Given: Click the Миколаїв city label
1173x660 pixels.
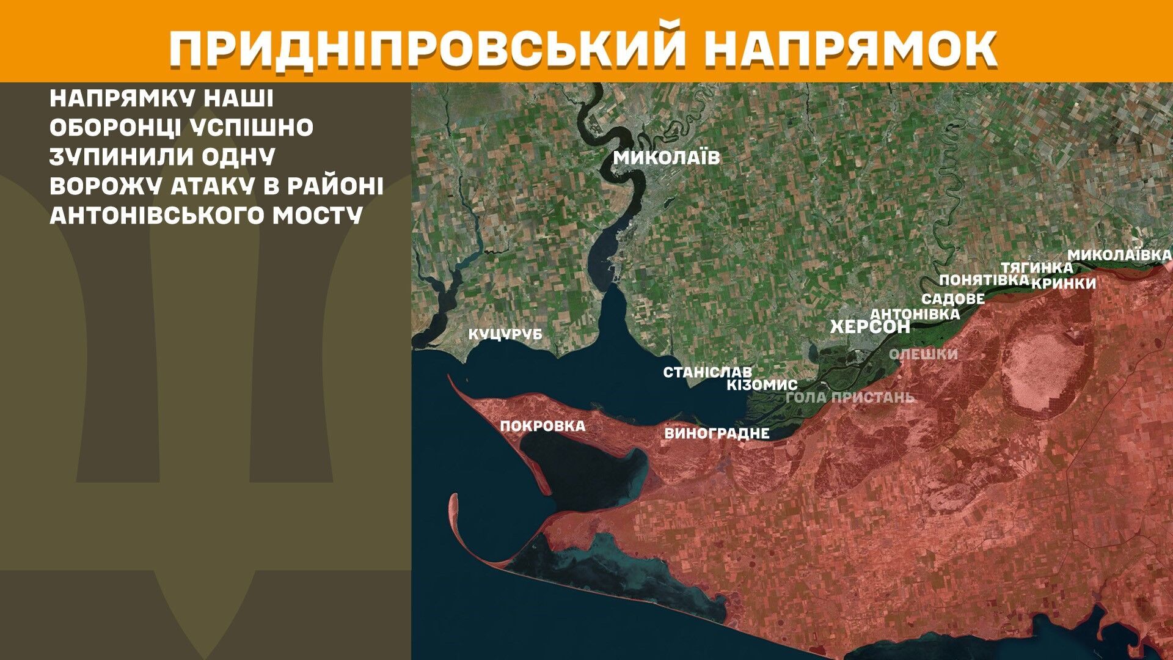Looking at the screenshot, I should click(667, 158).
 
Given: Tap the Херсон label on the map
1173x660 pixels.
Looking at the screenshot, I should click(870, 327).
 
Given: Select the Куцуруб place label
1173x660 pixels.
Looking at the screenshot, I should click(505, 335).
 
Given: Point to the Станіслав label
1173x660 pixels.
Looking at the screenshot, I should click(707, 372).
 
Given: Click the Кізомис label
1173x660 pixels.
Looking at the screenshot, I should click(762, 385).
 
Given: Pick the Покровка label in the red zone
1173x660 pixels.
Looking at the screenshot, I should click(543, 426).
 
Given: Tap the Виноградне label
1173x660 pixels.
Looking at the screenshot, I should click(717, 434).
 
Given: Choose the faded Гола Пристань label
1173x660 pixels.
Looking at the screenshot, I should click(850, 397).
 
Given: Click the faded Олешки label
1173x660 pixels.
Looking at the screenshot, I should click(923, 354).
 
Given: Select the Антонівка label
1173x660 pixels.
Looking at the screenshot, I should click(915, 313).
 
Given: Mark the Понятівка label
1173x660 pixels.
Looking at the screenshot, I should click(984, 280).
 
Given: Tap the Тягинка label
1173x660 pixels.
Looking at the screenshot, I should click(1036, 268).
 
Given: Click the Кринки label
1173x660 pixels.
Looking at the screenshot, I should click(1064, 284).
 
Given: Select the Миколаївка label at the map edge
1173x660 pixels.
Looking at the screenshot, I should click(1119, 255).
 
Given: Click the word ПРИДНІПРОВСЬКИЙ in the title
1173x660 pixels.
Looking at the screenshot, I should click(426, 46).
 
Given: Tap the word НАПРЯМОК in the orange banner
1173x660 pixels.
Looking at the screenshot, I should click(850, 46).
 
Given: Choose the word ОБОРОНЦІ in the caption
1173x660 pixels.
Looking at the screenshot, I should click(114, 127).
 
